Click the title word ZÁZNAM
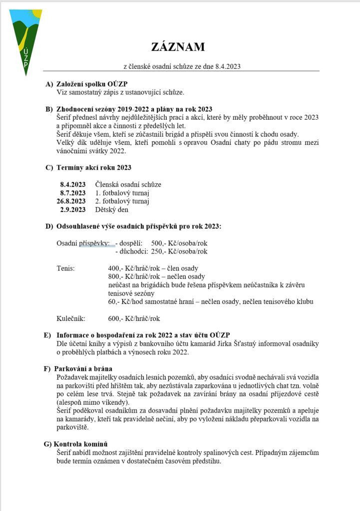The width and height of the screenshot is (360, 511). (x=178, y=47)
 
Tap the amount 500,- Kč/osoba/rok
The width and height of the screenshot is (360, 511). (x=179, y=243)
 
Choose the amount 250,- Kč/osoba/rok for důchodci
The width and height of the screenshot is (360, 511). (x=179, y=251)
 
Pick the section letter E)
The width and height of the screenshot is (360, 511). (x=48, y=335)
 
